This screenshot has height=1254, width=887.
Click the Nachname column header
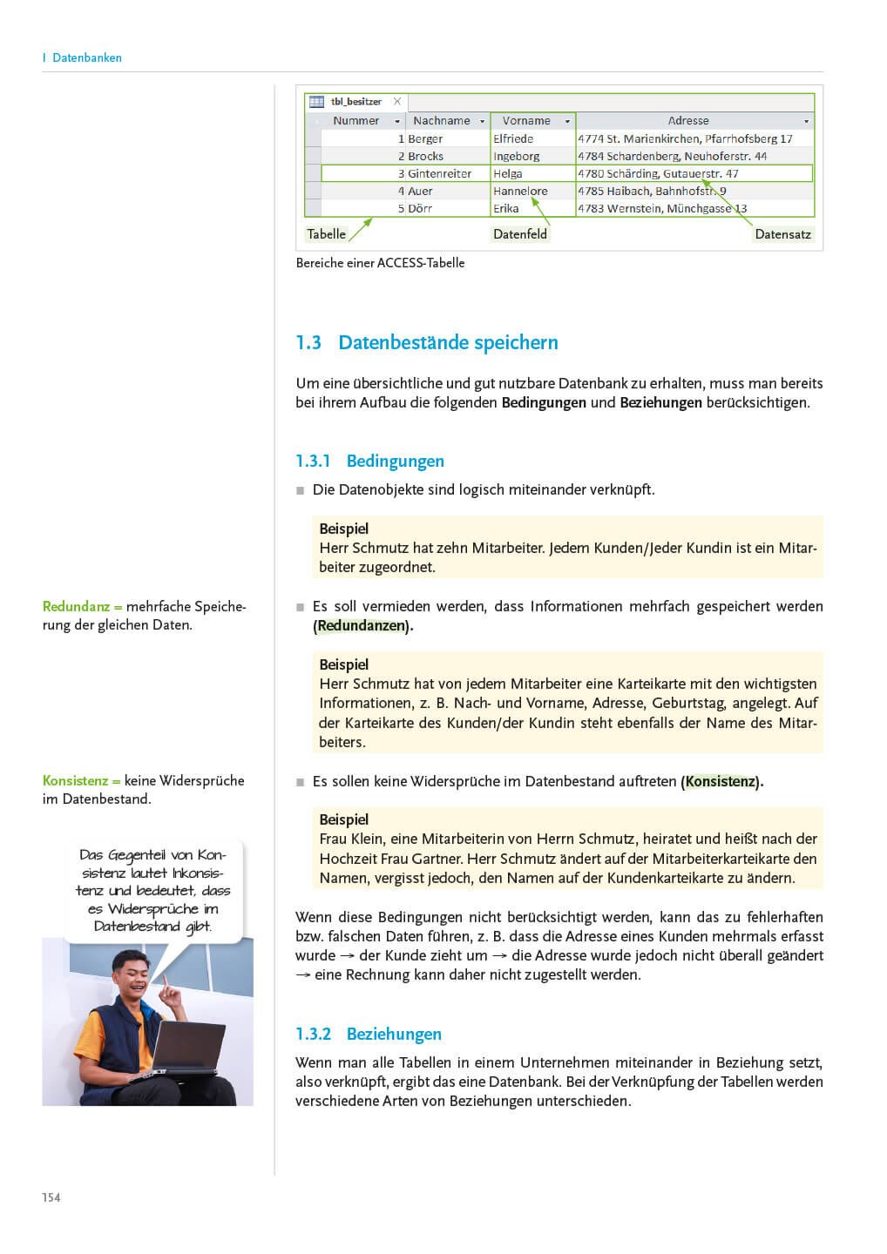click(x=442, y=121)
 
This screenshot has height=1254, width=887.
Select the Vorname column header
click(x=526, y=121)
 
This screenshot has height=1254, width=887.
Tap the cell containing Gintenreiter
click(x=439, y=173)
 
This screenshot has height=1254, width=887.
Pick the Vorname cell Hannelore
click(x=520, y=191)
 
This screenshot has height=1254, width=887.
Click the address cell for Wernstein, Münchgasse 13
click(x=662, y=208)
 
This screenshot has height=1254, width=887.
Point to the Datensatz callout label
click(x=782, y=234)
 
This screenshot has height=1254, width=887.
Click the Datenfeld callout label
click(x=520, y=234)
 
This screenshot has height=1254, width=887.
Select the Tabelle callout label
click(x=327, y=234)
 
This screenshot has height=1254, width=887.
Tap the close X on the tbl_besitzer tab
click(x=397, y=101)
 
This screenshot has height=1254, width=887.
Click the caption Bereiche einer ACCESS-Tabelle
click(x=380, y=263)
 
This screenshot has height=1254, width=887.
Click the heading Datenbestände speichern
click(x=448, y=342)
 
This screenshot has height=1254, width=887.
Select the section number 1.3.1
click(x=313, y=461)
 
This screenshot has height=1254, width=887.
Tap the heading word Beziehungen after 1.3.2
click(x=394, y=1034)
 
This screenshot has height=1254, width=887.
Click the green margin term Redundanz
click(x=76, y=606)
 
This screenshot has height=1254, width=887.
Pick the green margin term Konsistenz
click(x=75, y=780)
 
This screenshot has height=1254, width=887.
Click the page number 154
click(x=51, y=1197)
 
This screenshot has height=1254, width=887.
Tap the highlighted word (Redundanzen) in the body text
click(x=362, y=625)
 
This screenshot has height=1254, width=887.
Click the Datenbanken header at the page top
click(x=86, y=57)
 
